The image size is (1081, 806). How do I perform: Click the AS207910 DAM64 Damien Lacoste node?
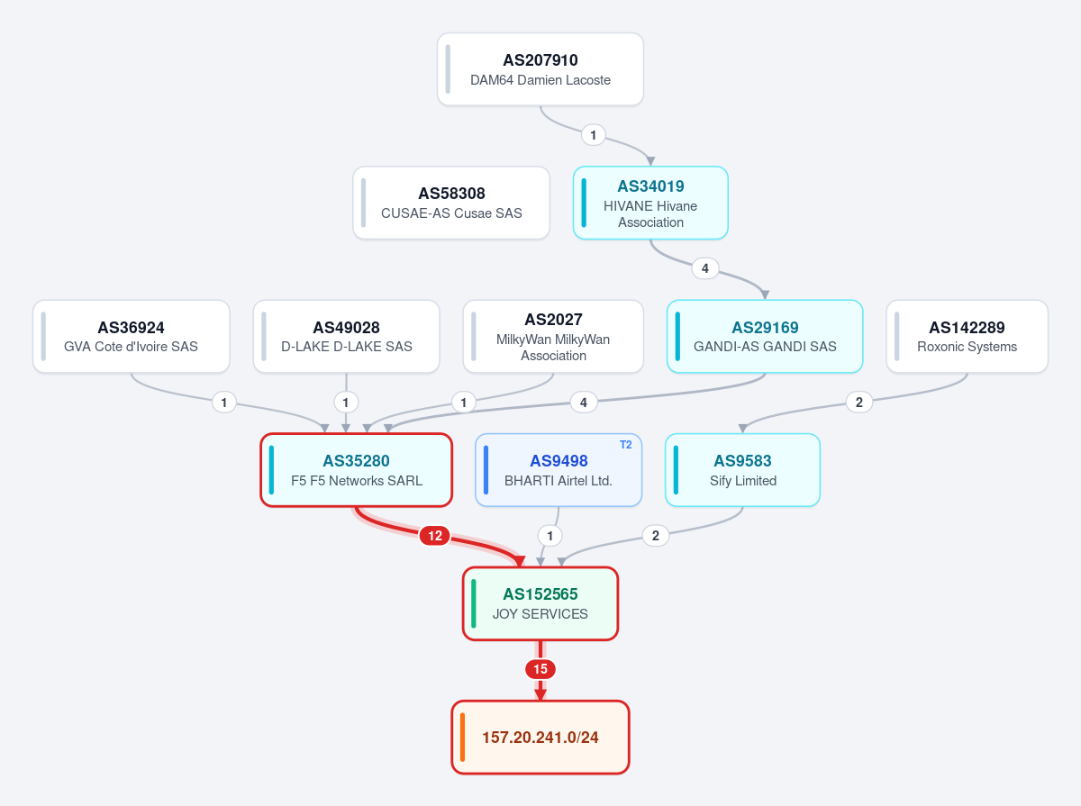point(540,69)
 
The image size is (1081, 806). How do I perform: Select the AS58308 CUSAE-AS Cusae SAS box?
point(451,203)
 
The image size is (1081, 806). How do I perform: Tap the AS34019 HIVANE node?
point(650,203)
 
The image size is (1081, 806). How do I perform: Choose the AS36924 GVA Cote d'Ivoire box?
point(131,336)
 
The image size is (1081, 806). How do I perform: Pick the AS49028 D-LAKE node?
point(346,336)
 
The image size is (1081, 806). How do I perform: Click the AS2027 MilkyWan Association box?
point(553,336)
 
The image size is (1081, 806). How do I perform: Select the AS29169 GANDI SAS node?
point(765,336)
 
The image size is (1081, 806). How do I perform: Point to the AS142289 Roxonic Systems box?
point(967,336)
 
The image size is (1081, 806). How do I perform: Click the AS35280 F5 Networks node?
point(356,470)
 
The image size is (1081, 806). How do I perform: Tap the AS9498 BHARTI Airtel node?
point(559,470)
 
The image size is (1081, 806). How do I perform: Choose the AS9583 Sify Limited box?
point(742,470)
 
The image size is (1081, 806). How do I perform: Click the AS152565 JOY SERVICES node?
point(540,603)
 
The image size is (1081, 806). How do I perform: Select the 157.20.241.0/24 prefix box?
point(540,737)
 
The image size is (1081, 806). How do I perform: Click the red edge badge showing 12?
point(435,536)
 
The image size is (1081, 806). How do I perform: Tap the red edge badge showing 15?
point(540,669)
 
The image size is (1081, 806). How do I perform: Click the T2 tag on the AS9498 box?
point(625,445)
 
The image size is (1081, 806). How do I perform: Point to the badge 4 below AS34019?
point(704,268)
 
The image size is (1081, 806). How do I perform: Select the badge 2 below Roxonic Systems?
point(858,403)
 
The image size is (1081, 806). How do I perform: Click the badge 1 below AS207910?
point(593,135)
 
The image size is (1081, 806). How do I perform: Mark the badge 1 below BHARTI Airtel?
point(550,536)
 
